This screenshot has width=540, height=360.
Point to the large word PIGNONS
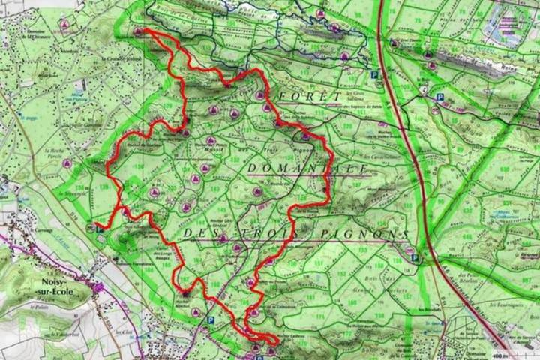[x=367, y=234]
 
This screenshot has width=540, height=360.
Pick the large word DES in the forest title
[x=199, y=234]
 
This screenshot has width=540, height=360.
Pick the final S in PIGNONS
[x=404, y=234]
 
